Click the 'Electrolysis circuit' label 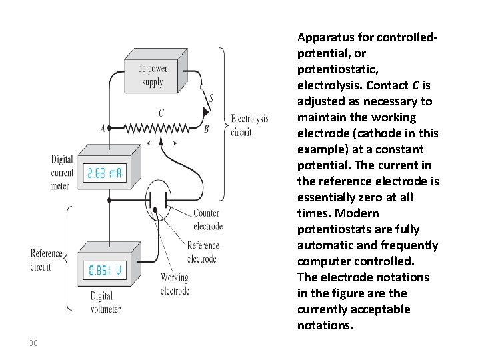(249, 125)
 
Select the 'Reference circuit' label (46, 259)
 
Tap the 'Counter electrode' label (207, 219)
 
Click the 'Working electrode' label (175, 284)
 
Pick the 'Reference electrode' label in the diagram (203, 251)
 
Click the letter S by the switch (211, 99)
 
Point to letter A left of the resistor (103, 128)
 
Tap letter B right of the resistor (206, 129)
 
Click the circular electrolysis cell (159, 199)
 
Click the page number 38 (34, 343)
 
